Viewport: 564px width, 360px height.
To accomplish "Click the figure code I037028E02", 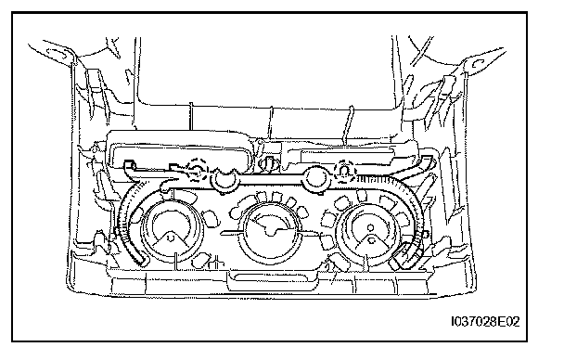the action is coord(485,321).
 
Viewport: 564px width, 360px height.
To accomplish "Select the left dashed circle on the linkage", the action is coord(198,168).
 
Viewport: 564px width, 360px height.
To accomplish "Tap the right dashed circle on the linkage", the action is coord(344,171).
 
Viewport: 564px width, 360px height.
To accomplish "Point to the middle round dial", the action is coord(271,231).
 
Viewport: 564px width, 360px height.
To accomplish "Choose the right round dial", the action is coord(371,231).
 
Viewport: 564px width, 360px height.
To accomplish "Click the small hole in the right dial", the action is coord(371,227).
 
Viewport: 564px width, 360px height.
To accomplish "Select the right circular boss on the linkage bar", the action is coord(315,179).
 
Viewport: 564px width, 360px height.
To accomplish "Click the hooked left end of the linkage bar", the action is coord(129,166).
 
